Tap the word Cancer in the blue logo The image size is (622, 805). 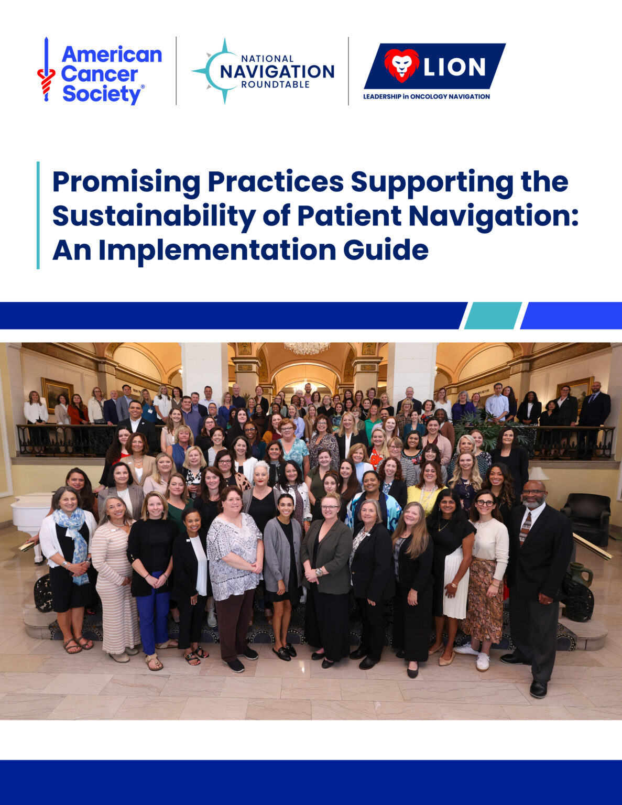coord(100,74)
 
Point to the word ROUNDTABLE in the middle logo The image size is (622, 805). coord(275,84)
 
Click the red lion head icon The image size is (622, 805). coord(401,66)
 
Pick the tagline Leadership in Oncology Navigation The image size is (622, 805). coord(427,96)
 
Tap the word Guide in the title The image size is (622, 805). coord(386,249)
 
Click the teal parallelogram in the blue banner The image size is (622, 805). coord(493,316)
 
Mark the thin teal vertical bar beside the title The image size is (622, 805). coord(38,215)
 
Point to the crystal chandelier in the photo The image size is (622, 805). coord(307,347)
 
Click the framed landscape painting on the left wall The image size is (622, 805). coord(57,393)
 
